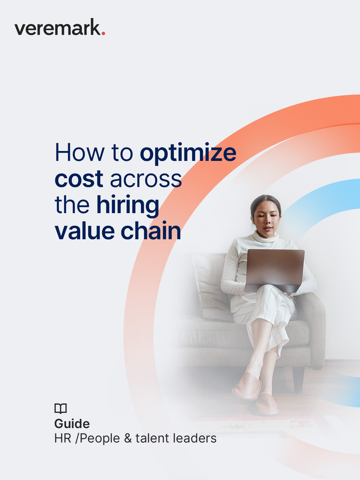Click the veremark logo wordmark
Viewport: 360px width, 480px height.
57,28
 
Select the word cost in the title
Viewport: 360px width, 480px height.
79,179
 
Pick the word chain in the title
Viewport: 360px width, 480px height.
151,231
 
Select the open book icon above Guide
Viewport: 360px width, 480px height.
60,408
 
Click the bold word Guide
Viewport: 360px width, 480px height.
72,424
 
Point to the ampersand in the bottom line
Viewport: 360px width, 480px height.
128,439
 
